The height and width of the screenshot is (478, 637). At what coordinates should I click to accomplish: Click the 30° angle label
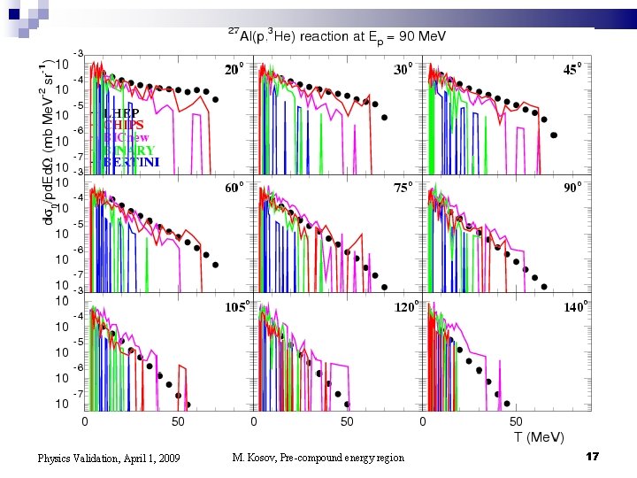point(403,69)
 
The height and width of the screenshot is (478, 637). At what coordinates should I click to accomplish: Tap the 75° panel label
point(403,188)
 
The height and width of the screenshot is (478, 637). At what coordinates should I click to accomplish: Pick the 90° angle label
point(573,188)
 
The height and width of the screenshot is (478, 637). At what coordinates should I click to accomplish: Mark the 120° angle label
point(405,307)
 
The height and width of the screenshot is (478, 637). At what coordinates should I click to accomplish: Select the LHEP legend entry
point(120,113)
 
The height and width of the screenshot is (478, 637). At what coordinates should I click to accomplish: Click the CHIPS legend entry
point(123,126)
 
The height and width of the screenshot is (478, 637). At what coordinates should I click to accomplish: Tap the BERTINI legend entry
point(131,162)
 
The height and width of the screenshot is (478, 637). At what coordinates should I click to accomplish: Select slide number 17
point(593,456)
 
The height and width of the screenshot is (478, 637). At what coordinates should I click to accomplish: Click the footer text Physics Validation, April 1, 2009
point(109,459)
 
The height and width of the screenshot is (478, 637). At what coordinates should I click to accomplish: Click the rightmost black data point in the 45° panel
point(555,135)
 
